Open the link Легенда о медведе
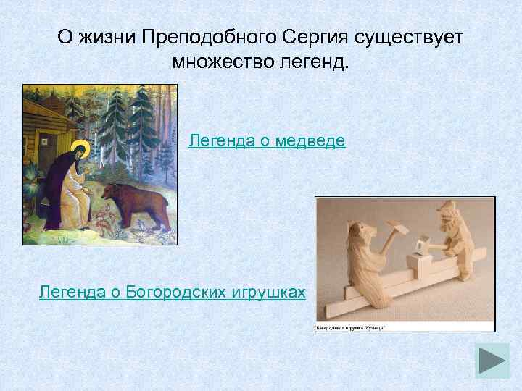point(267,140)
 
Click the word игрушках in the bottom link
point(269,292)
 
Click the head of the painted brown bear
point(110,193)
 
